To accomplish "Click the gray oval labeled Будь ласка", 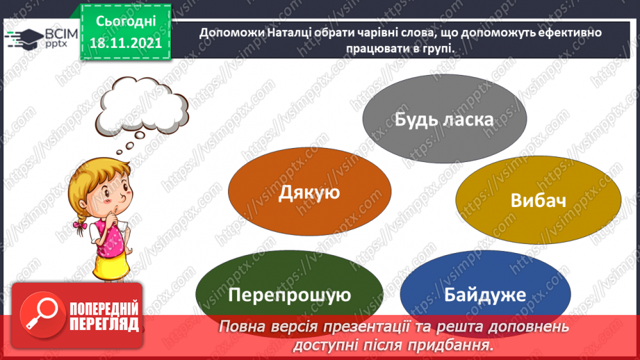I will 444,119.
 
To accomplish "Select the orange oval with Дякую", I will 309,192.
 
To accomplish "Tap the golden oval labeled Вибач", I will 538,200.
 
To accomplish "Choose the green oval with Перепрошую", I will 289,295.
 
